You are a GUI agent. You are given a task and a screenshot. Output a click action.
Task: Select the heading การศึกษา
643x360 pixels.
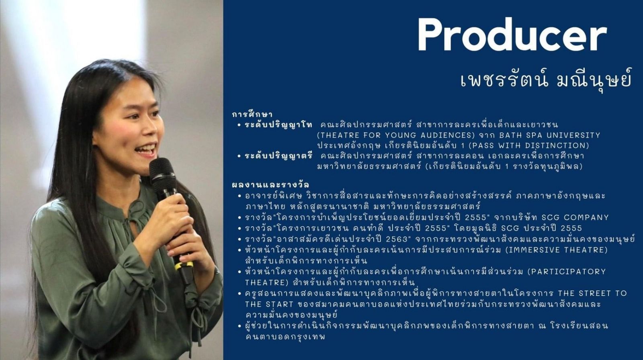(252, 115)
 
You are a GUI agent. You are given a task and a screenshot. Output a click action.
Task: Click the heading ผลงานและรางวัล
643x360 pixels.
(270, 184)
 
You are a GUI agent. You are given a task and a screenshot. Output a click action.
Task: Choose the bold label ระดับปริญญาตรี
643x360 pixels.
(278, 156)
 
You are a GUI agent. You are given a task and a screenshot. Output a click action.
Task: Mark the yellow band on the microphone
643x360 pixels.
(184, 266)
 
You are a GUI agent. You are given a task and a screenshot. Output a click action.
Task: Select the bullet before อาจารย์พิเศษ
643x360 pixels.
(239, 196)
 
